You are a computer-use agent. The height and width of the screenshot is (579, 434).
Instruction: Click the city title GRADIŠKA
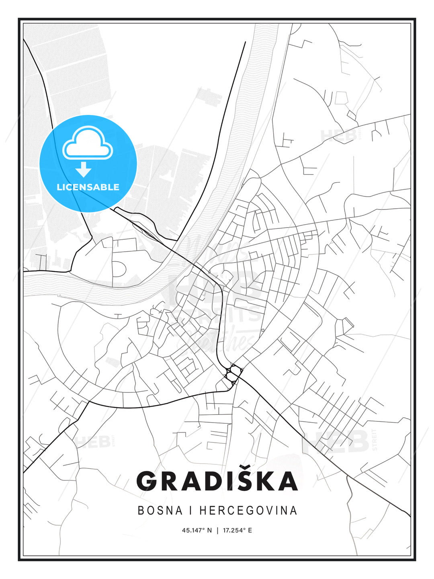tap(217, 481)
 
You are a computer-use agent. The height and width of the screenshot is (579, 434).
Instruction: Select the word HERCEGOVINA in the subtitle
tap(248, 510)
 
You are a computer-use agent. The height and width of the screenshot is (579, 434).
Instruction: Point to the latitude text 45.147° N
tap(197, 530)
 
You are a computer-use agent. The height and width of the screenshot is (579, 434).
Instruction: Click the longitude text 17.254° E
tap(237, 530)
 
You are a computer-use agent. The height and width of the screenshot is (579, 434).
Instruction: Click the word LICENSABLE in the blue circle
tap(88, 187)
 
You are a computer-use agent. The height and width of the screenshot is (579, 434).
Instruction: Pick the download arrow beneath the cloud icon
tap(84, 169)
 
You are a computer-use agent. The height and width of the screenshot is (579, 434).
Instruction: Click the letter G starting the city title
tap(148, 481)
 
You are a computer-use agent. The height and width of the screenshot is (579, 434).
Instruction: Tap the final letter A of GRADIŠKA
tap(286, 481)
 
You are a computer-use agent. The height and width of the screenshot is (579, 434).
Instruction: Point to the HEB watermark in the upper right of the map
tap(338, 136)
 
